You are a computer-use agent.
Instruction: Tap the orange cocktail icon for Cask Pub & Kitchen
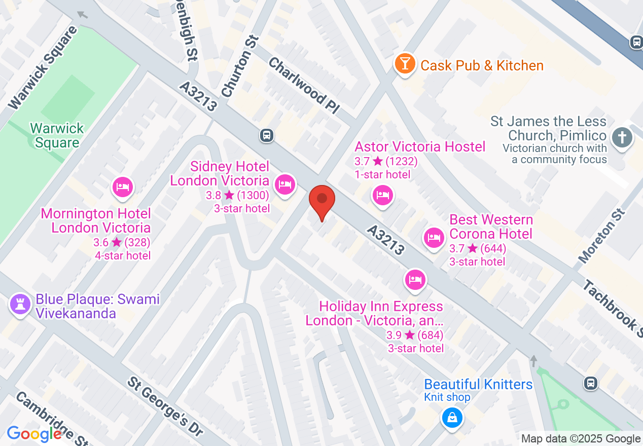[405, 64]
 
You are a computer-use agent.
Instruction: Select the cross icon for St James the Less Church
[622, 137]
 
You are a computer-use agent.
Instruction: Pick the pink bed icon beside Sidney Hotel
[284, 184]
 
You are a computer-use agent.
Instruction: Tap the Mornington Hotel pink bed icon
[122, 187]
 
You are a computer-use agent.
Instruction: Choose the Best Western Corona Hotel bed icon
[434, 237]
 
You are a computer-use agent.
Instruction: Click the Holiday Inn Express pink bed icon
[415, 279]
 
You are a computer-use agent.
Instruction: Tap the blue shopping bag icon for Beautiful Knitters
[451, 418]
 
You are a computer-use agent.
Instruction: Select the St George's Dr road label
[165, 406]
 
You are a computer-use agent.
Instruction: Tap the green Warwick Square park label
[57, 135]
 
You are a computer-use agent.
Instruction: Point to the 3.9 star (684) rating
[415, 335]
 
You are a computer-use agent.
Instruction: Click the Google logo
[34, 434]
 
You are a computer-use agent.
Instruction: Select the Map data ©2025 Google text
[581, 438]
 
